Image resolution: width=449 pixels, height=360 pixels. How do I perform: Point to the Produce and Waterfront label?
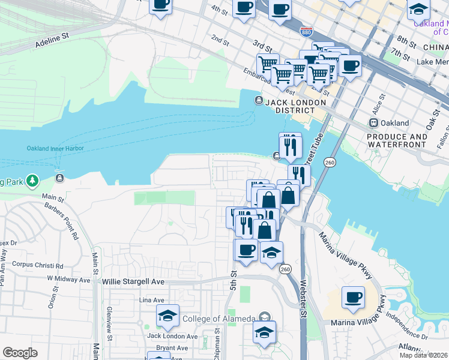click(x=397, y=140)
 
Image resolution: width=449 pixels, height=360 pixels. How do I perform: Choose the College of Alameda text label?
click(x=218, y=318)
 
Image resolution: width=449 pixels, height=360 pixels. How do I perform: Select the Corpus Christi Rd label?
click(x=37, y=265)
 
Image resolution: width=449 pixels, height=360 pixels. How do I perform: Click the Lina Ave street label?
click(x=151, y=299)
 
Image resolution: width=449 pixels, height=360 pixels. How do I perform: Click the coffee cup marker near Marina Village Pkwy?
click(x=353, y=297)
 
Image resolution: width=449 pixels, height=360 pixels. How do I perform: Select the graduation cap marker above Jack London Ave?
click(x=167, y=315)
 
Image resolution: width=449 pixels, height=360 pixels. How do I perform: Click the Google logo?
click(x=20, y=353)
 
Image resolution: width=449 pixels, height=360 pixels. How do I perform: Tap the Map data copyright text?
click(x=424, y=355)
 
